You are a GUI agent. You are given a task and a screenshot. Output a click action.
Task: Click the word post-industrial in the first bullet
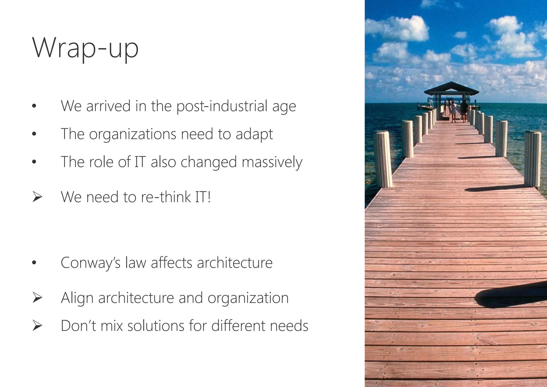pos(222,106)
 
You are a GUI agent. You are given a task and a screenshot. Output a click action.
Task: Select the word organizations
pos(132,134)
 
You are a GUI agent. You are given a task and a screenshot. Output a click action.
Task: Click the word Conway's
pos(91,263)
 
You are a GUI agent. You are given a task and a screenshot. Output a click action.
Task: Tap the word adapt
pos(254,134)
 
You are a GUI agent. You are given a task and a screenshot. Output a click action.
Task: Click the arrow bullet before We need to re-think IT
pos(37,197)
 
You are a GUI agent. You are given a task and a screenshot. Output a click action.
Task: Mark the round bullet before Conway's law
pos(34,263)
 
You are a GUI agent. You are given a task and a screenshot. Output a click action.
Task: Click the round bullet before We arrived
pos(34,106)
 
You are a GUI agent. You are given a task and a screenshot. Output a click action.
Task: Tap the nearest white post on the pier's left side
pos(383,159)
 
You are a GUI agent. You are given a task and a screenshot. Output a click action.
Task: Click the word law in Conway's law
pos(136,263)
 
